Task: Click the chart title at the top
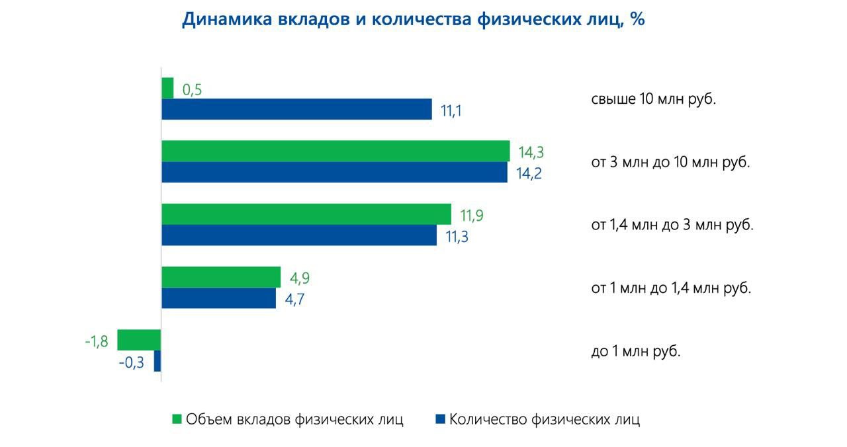point(414,19)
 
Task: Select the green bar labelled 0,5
point(168,88)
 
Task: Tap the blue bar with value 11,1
point(297,109)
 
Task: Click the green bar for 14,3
point(335,151)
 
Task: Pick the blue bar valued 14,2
point(334,172)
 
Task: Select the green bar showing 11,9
point(306,214)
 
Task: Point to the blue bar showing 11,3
point(299,235)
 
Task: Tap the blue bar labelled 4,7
point(219,298)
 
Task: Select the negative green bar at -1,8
point(140,340)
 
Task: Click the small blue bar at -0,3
point(157,361)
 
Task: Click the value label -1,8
point(97,342)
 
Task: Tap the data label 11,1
point(451,110)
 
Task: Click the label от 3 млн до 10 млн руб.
point(670,162)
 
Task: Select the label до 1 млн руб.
point(635,351)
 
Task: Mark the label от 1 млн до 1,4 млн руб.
point(671,288)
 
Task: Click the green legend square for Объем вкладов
point(177,419)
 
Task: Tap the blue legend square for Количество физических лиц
point(440,419)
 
